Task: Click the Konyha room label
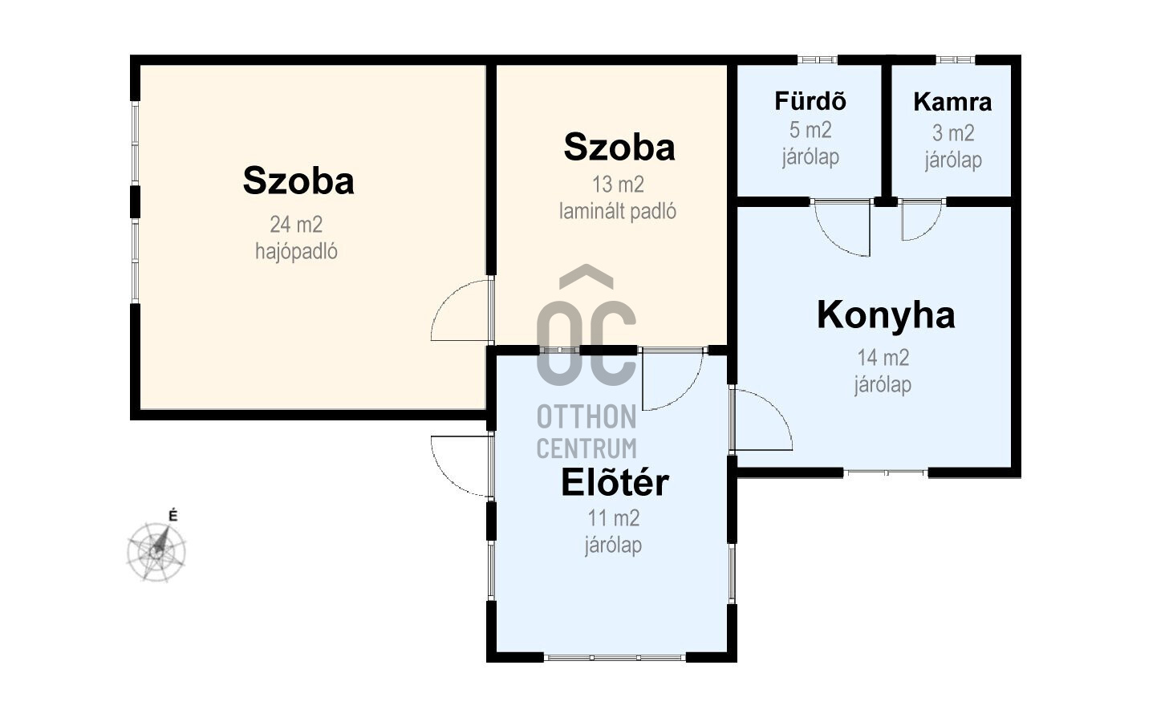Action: tap(886, 316)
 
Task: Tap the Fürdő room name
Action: tap(810, 101)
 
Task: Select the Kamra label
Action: tap(952, 102)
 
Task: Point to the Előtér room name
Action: tap(615, 482)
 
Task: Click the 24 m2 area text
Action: tap(296, 225)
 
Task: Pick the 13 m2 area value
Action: tap(618, 185)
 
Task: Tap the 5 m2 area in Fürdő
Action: tap(810, 130)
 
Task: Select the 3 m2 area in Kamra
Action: tap(953, 133)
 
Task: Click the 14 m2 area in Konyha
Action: tap(883, 358)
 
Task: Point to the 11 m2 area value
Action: tap(614, 518)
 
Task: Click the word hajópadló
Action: tap(296, 251)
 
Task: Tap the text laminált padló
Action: tap(618, 212)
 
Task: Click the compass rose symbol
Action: tap(156, 551)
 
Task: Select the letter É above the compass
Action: tap(172, 516)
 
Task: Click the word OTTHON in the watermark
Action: tap(586, 417)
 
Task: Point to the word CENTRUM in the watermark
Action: tap(586, 448)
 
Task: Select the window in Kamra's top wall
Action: tap(956, 59)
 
